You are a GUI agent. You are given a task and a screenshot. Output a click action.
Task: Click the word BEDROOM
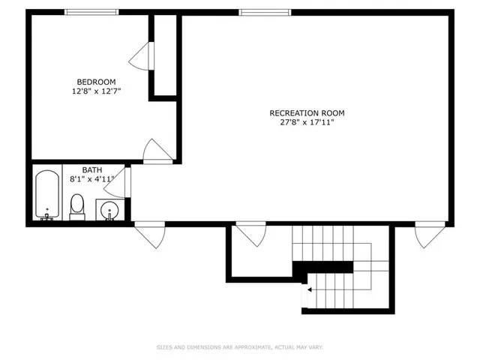coord(96,82)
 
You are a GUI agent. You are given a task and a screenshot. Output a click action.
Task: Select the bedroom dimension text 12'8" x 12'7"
coord(96,91)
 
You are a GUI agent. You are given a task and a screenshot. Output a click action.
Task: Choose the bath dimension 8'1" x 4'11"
coord(92,179)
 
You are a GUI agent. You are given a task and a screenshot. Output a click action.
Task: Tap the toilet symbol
coord(77,205)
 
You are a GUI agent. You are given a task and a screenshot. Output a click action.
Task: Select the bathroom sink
coord(109,211)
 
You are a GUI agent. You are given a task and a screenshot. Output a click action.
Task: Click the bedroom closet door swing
coord(142,54)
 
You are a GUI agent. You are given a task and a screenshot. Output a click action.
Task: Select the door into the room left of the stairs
coord(250,234)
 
